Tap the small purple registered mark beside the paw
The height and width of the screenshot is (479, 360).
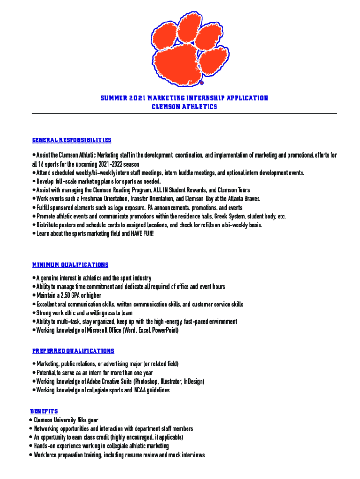(202, 83)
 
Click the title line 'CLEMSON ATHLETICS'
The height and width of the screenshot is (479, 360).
(184, 107)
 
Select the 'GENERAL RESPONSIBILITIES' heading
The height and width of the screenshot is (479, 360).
(72, 140)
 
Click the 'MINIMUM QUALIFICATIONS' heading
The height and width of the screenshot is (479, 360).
(70, 265)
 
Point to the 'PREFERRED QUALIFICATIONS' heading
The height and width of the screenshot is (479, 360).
(73, 351)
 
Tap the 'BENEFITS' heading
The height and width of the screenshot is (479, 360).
(44, 411)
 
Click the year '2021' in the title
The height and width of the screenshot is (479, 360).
(135, 98)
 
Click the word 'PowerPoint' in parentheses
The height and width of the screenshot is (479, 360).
(163, 331)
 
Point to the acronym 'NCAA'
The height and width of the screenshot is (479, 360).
(142, 391)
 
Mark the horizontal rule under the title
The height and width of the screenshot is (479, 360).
(184, 114)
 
